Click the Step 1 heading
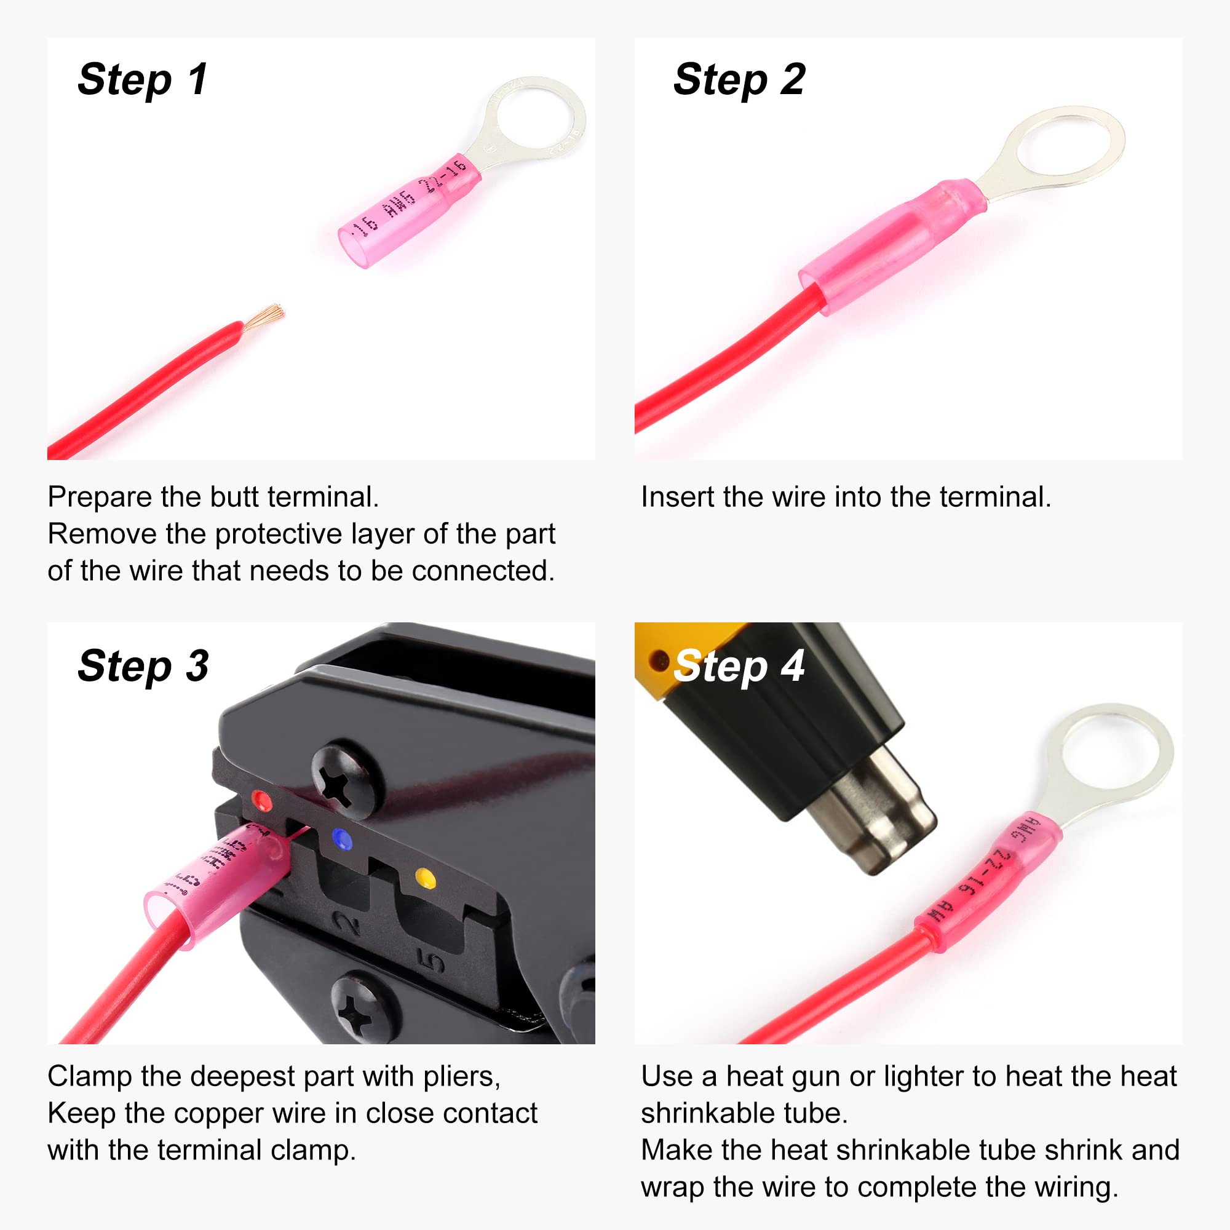(x=143, y=80)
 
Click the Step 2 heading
(x=739, y=80)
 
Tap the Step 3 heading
(x=143, y=666)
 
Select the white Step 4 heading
(x=739, y=666)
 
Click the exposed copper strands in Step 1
(x=264, y=315)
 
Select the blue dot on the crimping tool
(x=343, y=839)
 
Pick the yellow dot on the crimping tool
(x=426, y=879)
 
